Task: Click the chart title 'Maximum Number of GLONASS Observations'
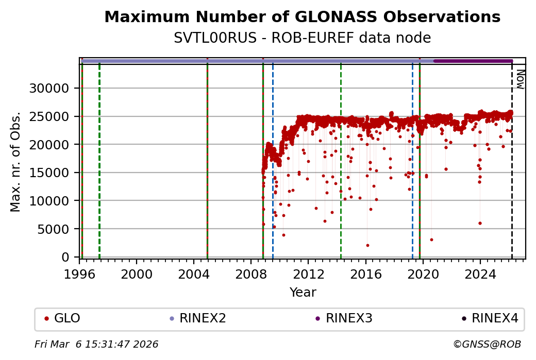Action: point(302,17)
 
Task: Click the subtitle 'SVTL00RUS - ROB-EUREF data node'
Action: point(302,38)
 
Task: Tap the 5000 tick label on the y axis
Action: point(53,229)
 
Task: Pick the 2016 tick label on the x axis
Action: point(365,273)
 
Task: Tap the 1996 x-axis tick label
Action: point(79,273)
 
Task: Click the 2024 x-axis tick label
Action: point(480,273)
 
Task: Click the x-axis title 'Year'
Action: point(303,293)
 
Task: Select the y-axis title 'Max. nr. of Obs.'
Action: point(15,161)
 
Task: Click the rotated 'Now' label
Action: point(520,80)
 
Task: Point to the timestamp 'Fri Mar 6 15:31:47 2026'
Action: point(96,344)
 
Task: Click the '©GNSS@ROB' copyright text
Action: point(487,344)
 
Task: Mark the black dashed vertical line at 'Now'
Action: point(512,170)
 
